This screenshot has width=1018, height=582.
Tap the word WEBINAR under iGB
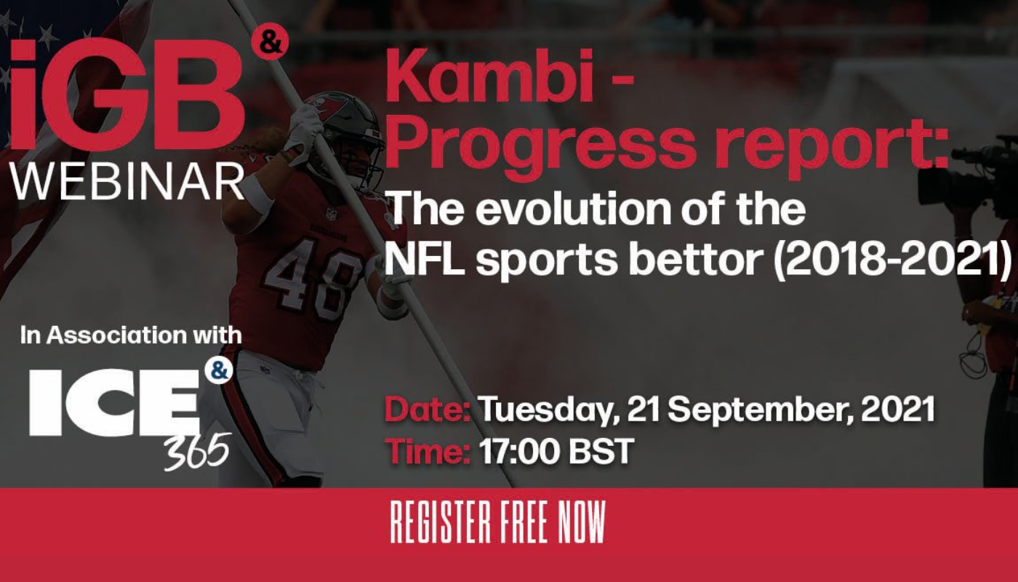[128, 182]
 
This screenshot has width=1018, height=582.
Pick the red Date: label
[428, 409]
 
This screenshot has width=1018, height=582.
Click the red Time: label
[428, 451]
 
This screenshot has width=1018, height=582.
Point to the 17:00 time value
[518, 451]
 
